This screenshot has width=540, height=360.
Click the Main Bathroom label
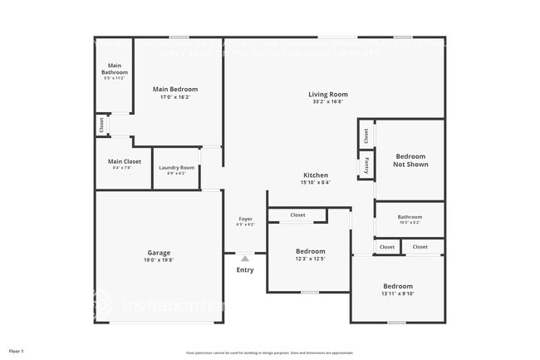point(115,69)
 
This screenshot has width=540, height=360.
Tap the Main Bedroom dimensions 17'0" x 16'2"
point(174,96)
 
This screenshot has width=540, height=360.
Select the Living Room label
point(327,95)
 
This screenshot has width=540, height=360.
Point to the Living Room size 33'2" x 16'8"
point(327,102)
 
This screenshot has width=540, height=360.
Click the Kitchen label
point(315,175)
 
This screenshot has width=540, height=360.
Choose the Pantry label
point(364,165)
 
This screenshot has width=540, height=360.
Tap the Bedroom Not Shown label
point(410,160)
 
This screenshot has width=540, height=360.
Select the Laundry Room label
point(177,168)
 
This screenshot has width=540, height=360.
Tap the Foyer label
point(245,219)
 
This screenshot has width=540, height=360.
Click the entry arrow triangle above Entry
point(245,259)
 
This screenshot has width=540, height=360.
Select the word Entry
point(245,269)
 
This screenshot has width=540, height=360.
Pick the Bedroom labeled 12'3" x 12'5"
point(311,251)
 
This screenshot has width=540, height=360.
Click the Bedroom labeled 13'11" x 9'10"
point(397,286)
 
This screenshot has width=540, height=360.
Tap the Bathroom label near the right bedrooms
point(410,217)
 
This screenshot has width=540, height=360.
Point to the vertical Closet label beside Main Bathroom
point(101,126)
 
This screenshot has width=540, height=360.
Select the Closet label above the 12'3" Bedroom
point(297,215)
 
